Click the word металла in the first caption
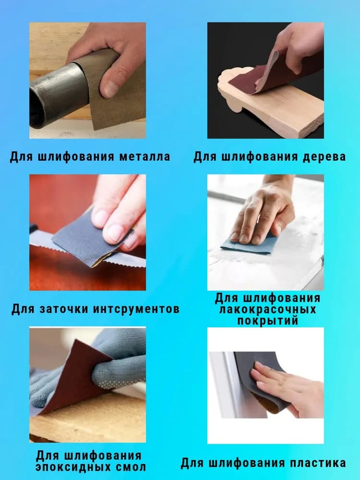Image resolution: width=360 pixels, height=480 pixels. pos(144,157)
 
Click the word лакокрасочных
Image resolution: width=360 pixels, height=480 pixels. pos(267,310)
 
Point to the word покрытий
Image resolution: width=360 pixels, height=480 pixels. pos(267,321)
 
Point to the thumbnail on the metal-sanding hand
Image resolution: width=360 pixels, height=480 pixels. pos(111,88)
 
